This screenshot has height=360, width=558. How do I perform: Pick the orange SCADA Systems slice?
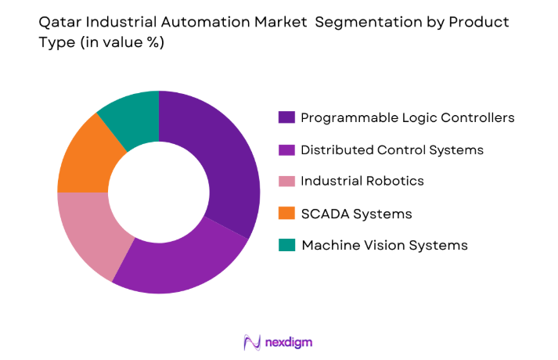83,157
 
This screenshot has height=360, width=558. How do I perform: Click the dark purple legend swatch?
286,117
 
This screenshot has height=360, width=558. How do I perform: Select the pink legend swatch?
286,181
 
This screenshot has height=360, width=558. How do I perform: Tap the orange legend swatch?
286,213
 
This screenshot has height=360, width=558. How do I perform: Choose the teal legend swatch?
286,245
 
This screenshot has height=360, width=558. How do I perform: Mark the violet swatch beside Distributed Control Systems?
286,149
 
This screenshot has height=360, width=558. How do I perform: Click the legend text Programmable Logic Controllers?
408,117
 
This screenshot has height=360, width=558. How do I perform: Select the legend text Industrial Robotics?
362,181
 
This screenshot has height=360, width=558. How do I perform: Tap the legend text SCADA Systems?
356,213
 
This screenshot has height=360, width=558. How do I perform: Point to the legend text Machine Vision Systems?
384,245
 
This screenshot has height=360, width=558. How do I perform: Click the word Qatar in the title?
58,22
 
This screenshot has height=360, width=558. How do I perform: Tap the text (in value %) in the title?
121,42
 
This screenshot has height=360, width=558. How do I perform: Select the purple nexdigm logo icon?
252,342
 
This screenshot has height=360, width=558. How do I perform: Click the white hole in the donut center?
158,192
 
